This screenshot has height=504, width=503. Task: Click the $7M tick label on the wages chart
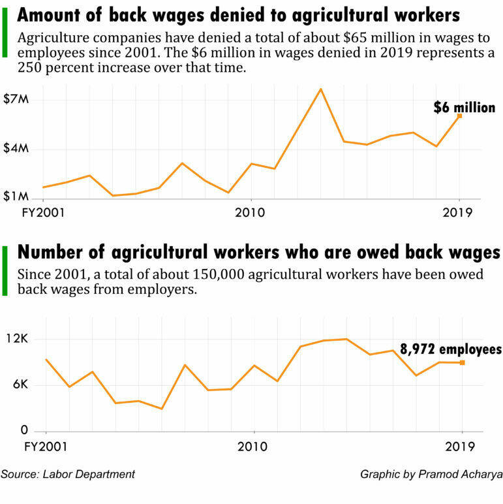tap(16, 99)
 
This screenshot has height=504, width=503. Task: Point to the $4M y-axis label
tap(16, 148)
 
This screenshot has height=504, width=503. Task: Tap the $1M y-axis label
tap(16, 197)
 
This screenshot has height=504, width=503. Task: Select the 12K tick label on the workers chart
tap(18, 338)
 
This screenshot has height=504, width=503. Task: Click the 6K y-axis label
tap(21, 385)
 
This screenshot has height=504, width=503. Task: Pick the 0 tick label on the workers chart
tap(24, 430)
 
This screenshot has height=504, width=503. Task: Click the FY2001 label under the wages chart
tap(43, 213)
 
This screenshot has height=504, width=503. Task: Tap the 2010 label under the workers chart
tap(252, 447)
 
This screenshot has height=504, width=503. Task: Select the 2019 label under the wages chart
tap(457, 213)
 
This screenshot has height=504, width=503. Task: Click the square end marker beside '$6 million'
tap(460, 116)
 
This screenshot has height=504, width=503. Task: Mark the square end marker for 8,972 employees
tap(462, 362)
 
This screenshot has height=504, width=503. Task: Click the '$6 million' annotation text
tap(465, 107)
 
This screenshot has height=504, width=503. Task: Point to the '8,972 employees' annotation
tap(451, 349)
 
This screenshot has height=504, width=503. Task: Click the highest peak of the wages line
tap(320, 89)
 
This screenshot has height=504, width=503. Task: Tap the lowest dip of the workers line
tap(162, 409)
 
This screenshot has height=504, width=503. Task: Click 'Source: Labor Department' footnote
tap(68, 475)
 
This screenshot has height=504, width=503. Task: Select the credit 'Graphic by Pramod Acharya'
tap(431, 475)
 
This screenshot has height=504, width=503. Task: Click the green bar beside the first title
tap(5, 33)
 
